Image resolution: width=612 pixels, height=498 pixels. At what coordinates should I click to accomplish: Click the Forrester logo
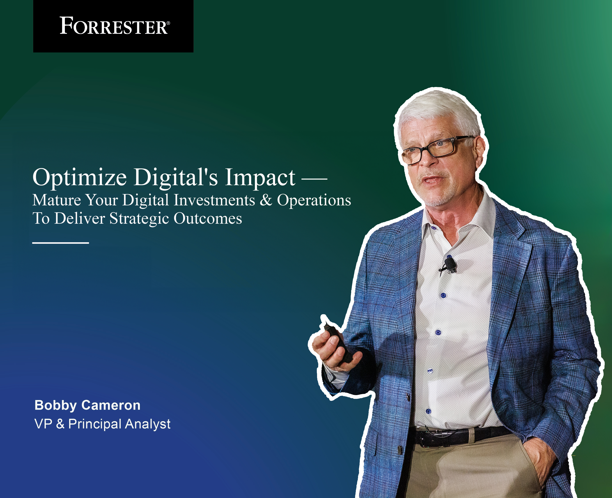114,26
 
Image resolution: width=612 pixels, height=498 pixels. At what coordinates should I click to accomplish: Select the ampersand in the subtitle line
266,200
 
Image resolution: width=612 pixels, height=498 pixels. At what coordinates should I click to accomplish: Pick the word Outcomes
208,219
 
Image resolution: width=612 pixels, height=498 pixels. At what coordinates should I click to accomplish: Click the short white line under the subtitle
60,243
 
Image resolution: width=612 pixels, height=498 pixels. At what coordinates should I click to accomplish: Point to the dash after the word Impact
314,179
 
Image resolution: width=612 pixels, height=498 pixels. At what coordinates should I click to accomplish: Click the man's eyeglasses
436,149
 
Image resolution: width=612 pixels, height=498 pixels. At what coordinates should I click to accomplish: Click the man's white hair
439,112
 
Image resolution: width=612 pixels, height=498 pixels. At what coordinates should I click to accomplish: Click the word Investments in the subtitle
214,200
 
